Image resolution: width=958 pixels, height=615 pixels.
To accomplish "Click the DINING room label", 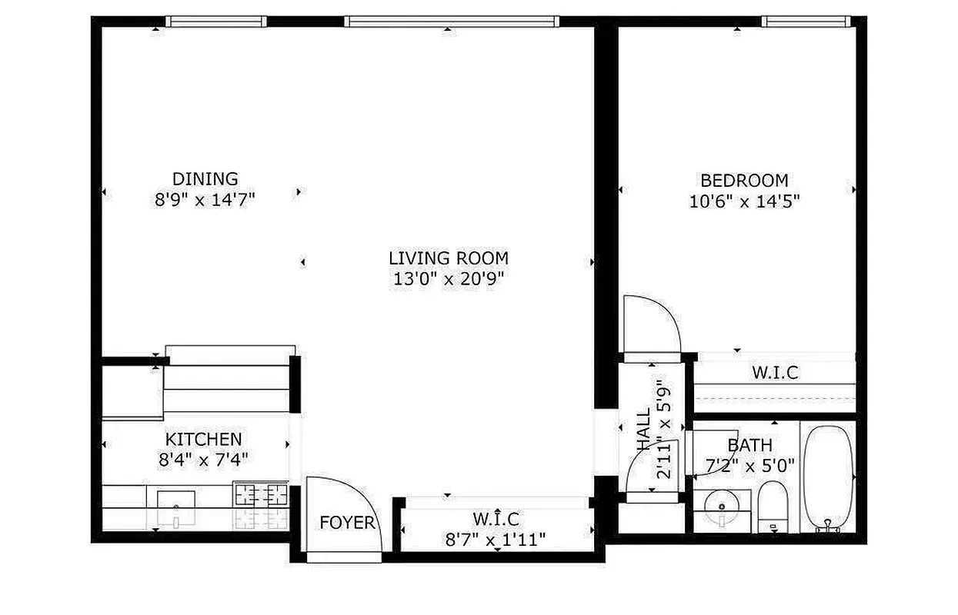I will click(205, 179).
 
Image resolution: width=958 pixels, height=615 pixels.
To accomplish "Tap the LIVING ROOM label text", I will click(448, 258).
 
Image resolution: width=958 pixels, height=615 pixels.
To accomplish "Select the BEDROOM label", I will click(744, 181).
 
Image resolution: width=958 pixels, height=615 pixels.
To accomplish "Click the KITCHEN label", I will click(203, 440).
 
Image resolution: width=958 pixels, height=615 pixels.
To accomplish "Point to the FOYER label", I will click(347, 524).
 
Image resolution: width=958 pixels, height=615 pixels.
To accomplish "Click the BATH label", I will click(749, 445).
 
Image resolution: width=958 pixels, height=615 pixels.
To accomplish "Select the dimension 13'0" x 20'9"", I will click(448, 279).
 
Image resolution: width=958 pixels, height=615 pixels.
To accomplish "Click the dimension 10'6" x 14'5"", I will click(744, 201).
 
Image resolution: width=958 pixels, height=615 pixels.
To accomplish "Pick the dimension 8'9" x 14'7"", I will click(205, 200).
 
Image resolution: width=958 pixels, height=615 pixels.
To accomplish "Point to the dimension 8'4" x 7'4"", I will click(203, 460).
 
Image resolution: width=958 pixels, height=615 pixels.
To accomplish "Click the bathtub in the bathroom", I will click(828, 475).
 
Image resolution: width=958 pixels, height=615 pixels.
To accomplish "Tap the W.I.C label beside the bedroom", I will click(774, 374).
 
